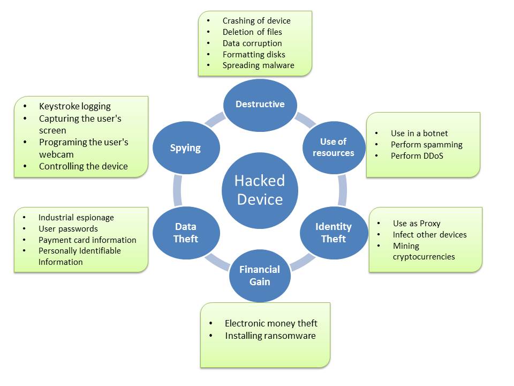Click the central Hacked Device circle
[260, 190]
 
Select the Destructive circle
[260, 104]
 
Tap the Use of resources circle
[333, 147]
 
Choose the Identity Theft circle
[333, 233]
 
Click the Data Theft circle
[186, 233]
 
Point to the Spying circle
[185, 147]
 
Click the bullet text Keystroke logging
[74, 106]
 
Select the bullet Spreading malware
[258, 65]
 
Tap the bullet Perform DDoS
[417, 156]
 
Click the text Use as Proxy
[416, 223]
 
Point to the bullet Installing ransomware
[270, 336]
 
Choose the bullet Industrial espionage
[76, 218]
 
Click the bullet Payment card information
[87, 240]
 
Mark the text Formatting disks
[254, 54]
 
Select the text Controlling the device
[83, 166]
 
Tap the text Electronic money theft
[271, 323]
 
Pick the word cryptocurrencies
[424, 256]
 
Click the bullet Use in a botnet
[419, 133]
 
